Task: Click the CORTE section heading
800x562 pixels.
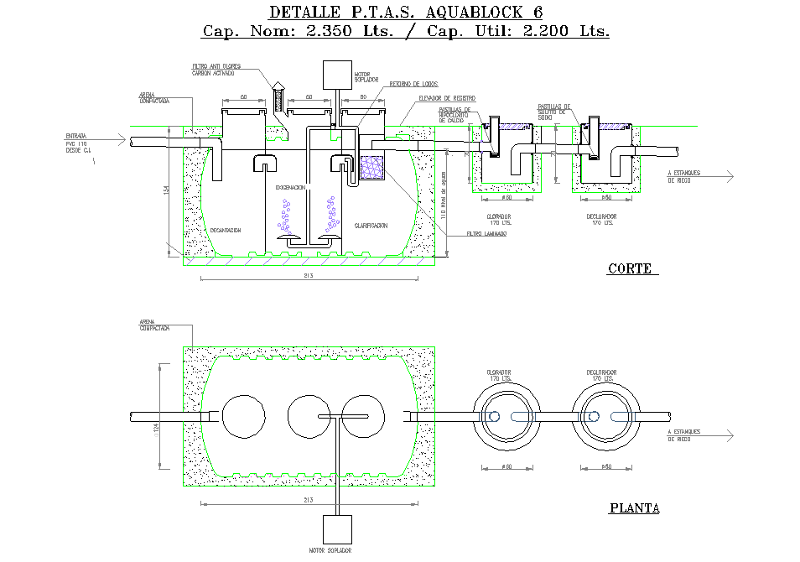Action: click(630, 269)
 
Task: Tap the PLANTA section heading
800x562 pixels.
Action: click(634, 508)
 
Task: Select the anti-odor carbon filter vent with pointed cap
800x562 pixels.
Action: click(280, 94)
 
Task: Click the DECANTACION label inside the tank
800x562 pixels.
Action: click(226, 230)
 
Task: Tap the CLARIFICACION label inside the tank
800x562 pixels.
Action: click(371, 226)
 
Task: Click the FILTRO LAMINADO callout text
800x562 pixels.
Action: click(486, 234)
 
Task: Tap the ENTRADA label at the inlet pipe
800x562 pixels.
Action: click(77, 136)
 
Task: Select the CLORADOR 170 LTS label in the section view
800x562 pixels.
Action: click(499, 220)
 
